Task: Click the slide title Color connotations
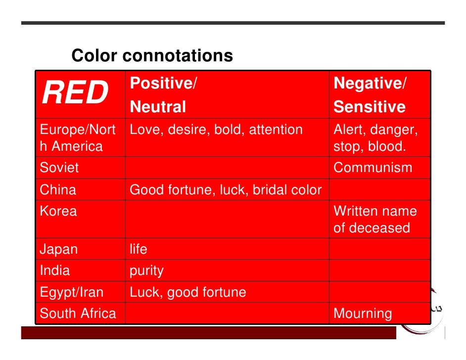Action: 152,56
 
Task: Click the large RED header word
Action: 75,93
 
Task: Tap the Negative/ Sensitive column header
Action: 370,95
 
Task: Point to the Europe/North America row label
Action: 77,138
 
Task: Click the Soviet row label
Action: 59,168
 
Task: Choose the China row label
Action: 58,190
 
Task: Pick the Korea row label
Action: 58,211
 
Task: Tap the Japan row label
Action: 59,249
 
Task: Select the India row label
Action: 55,270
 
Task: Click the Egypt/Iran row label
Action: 72,292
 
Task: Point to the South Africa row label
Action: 78,314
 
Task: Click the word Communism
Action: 373,168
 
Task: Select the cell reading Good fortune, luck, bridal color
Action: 226,190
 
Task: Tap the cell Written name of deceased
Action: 375,220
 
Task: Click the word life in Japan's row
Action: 139,249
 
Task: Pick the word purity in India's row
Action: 146,271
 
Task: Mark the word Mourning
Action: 363,314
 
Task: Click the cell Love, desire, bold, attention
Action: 216,130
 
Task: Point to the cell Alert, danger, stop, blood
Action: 375,138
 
